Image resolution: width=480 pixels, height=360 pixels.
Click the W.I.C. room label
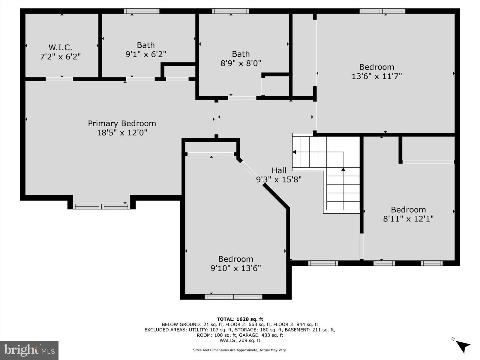click(60, 47)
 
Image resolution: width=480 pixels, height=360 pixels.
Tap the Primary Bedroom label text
click(122, 123)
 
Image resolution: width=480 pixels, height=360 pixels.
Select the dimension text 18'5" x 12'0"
click(122, 133)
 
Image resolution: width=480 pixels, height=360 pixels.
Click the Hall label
click(279, 170)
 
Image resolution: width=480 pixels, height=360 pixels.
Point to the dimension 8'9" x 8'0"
click(241, 63)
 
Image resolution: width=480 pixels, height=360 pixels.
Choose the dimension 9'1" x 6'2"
click(146, 54)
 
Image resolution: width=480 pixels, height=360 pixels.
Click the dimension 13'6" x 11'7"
click(376, 76)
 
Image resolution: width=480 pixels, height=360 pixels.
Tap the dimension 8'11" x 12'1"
click(408, 219)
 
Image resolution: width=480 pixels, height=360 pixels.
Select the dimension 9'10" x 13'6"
click(235, 268)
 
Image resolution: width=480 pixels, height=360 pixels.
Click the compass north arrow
click(463, 346)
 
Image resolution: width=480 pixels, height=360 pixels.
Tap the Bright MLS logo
click(29, 350)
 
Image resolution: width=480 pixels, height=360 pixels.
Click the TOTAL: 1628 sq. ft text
click(240, 319)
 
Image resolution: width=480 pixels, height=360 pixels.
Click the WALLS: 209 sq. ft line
click(240, 340)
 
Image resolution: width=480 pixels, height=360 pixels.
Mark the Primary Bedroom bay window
click(101, 206)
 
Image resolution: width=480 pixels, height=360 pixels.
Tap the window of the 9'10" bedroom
click(233, 297)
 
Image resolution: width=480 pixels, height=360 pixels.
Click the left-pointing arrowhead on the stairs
click(294, 152)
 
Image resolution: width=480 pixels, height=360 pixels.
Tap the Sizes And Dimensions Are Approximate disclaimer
click(240, 350)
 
